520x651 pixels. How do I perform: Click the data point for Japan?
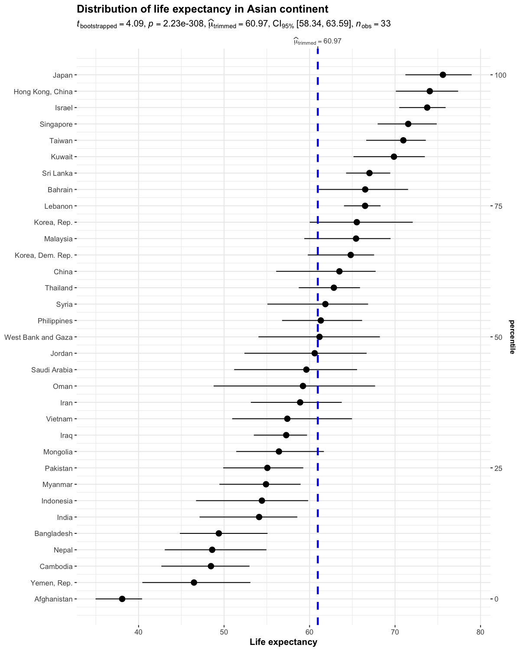442,75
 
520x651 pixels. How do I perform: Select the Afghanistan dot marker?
122,599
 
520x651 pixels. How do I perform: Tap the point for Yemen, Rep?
194,582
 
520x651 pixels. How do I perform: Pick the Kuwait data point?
394,157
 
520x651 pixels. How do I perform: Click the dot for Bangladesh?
219,533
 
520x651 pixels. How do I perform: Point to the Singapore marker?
408,124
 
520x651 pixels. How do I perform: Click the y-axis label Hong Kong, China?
43,92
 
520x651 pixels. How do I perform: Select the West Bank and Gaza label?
38,337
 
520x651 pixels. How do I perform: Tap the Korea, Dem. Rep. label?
43,255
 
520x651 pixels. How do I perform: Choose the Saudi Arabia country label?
52,370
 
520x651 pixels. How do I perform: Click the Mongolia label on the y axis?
58,452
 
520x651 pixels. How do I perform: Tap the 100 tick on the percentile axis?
500,75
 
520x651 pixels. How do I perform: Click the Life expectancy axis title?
283,642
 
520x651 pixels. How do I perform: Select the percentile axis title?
512,337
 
